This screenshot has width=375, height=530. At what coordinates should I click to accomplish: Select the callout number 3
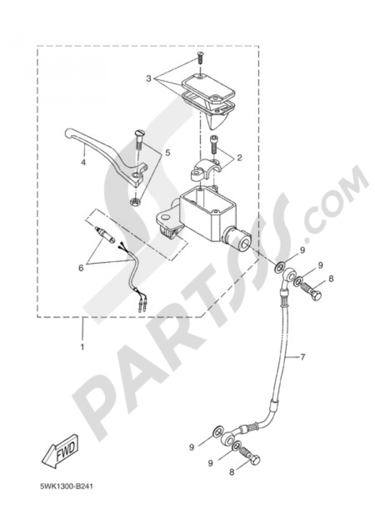pos(148,79)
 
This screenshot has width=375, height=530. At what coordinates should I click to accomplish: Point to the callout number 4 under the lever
pos(83,163)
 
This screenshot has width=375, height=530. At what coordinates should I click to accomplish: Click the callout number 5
pos(167,153)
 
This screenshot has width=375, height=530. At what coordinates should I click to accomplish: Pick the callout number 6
pos(81,268)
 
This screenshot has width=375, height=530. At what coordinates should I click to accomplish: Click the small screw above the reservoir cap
pos(200,57)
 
